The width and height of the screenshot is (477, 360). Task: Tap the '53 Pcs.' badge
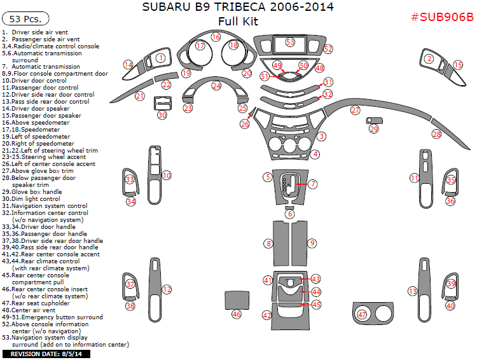tap(24, 20)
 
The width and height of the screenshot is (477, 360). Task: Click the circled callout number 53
tap(290, 42)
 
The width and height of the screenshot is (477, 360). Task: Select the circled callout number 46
tap(237, 314)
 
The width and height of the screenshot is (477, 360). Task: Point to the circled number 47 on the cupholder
tap(363, 314)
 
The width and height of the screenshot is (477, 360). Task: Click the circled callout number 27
tap(355, 110)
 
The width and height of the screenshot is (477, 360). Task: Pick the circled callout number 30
tap(162, 115)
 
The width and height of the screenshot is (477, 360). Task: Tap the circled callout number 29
tap(374, 129)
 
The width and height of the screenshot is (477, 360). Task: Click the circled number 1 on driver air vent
tap(161, 58)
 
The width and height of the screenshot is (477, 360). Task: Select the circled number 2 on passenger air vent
tap(429, 59)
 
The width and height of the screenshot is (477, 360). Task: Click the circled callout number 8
tap(269, 244)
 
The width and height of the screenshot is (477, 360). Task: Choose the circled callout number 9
tap(312, 243)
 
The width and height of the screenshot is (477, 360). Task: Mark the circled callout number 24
tap(216, 85)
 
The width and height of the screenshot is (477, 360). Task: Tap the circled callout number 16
tap(216, 38)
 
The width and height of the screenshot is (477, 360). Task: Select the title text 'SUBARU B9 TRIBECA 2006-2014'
tap(237, 8)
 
